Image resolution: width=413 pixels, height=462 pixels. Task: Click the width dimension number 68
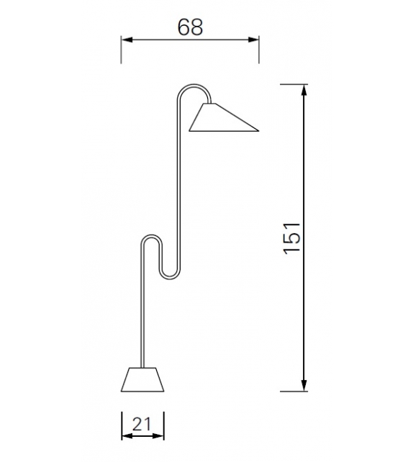[x=190, y=27]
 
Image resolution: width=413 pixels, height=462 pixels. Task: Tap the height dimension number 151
[x=291, y=237]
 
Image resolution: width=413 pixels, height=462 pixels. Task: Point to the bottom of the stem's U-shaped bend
[x=170, y=275]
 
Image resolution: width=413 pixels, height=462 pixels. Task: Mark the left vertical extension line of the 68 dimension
[x=121, y=50]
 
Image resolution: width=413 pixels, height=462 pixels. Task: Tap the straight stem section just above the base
[x=143, y=338]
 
